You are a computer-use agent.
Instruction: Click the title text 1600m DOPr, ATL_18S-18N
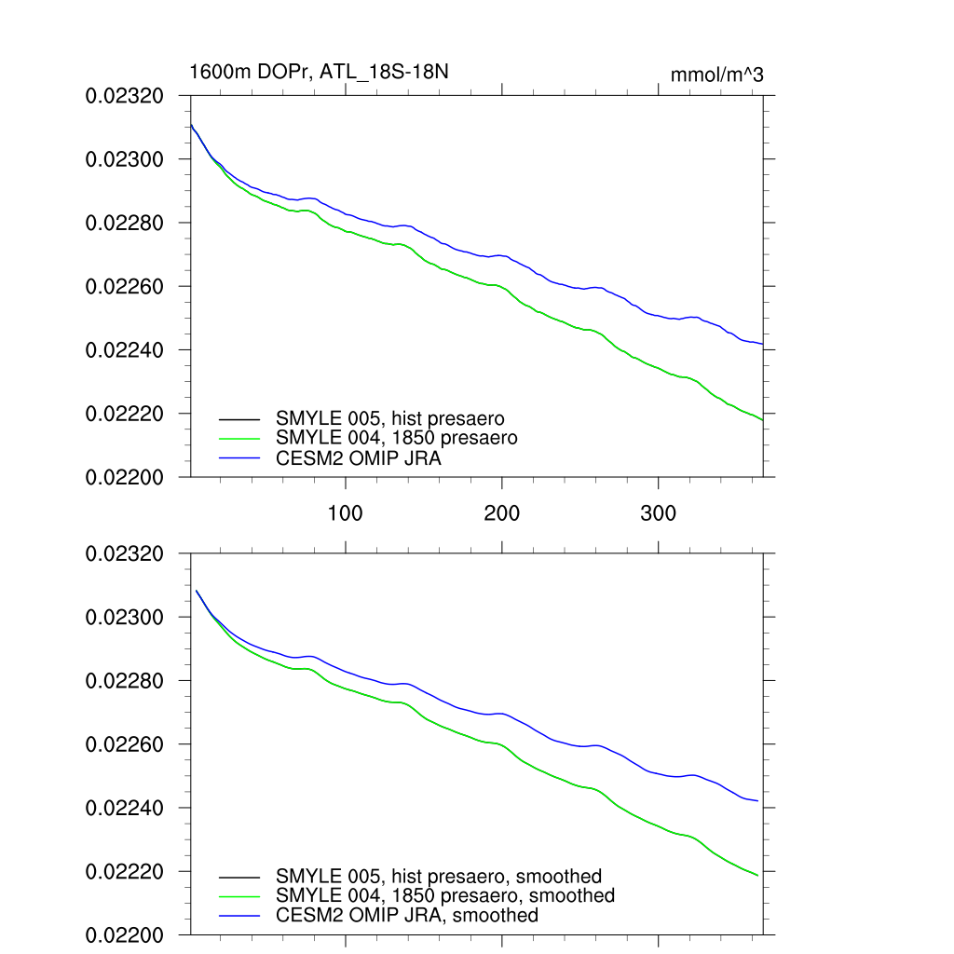tap(319, 72)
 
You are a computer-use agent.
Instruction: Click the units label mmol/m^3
tap(716, 75)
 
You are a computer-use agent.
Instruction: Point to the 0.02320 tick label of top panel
tap(125, 96)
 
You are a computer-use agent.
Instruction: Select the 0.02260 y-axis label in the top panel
tap(125, 287)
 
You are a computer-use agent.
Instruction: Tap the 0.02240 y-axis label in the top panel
tap(125, 350)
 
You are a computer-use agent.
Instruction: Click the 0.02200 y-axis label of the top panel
tap(125, 477)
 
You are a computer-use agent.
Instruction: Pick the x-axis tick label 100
tap(346, 513)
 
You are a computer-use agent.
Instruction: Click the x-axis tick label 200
tap(502, 513)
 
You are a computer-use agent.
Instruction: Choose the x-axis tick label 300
tap(659, 513)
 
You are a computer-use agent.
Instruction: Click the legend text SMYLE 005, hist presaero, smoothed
tap(439, 877)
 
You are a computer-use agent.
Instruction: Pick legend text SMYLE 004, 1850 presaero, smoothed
tap(445, 895)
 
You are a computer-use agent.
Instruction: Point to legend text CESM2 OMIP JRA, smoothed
tap(407, 915)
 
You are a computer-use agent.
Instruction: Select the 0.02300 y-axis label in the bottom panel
tap(125, 618)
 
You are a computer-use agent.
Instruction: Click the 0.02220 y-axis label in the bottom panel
tap(125, 872)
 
